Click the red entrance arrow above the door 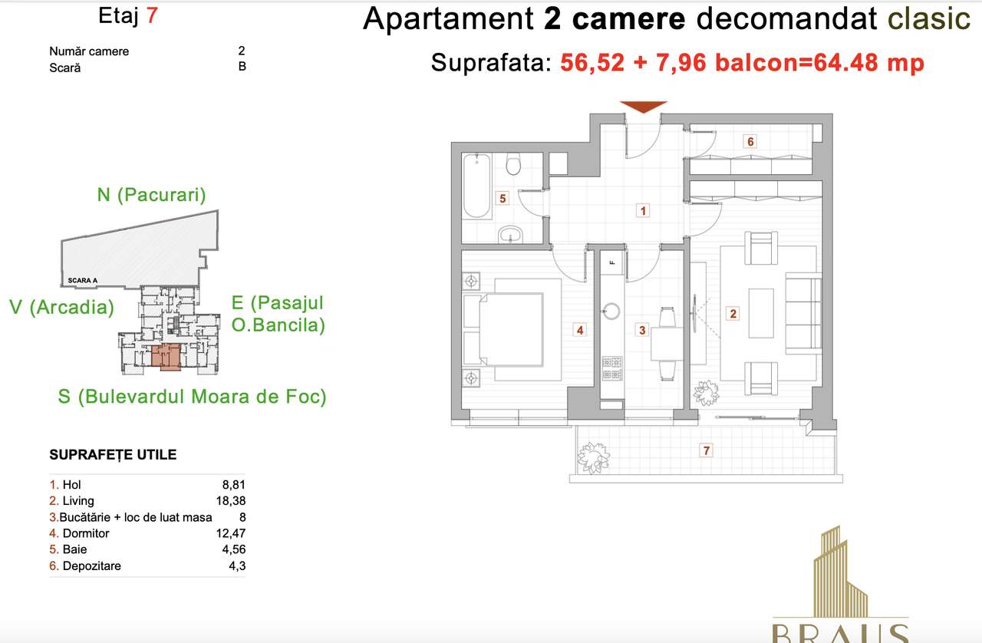point(643,107)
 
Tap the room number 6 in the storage point(751,141)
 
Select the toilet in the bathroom point(515,165)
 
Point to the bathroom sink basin point(509,234)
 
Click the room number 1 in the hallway point(644,209)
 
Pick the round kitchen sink point(611,311)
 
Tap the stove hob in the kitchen point(611,368)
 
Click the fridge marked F point(612,262)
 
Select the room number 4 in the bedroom point(581,330)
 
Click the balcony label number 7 point(707,450)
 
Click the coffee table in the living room point(760,313)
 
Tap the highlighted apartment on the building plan point(166,358)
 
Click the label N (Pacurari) point(151,195)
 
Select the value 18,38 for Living point(232,501)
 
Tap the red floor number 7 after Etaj point(152,16)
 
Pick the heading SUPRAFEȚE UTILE point(113,454)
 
